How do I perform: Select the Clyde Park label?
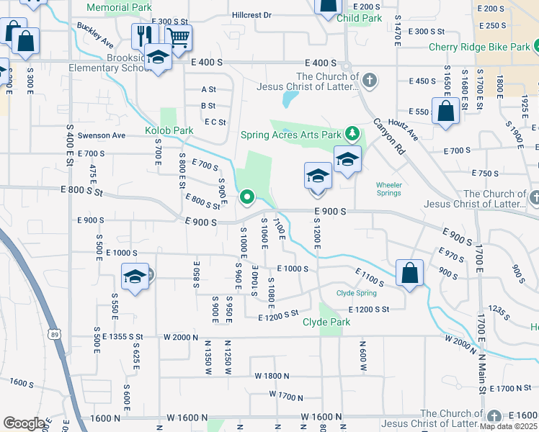pyautogui.click(x=326, y=322)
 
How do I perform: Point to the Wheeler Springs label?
pyautogui.click(x=390, y=189)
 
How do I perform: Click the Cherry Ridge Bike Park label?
pyautogui.click(x=479, y=47)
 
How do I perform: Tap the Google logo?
pyautogui.click(x=23, y=423)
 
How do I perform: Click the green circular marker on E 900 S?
pyautogui.click(x=247, y=196)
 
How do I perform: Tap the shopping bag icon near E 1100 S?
pyautogui.click(x=409, y=273)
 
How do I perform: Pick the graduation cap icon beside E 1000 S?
pyautogui.click(x=135, y=276)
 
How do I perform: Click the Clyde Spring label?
pyautogui.click(x=356, y=293)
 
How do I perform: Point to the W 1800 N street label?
pyautogui.click(x=272, y=376)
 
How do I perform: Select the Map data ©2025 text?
pyautogui.click(x=508, y=426)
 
